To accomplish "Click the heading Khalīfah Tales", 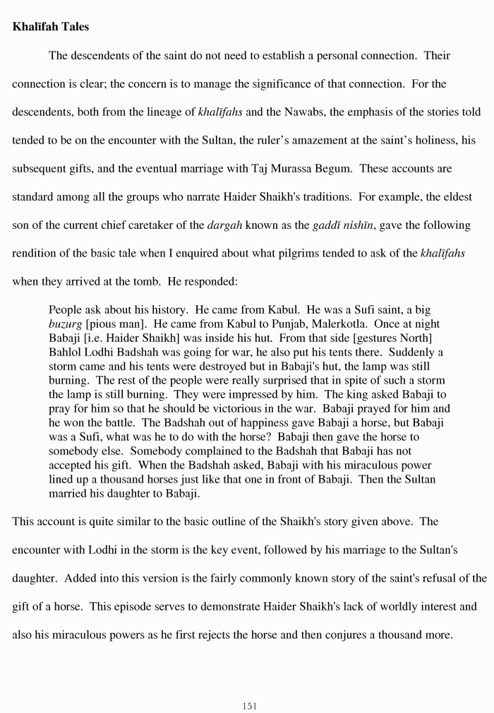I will click(51, 28).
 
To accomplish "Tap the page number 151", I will click(249, 705).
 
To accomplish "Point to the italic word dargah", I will click(225, 226).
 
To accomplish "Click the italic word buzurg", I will click(64, 324).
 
